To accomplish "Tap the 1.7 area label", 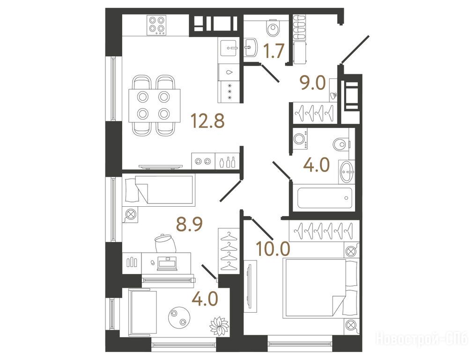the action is click(x=274, y=51).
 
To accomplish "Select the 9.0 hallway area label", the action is click(x=312, y=83).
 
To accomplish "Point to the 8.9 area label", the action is click(x=189, y=225).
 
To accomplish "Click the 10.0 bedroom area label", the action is click(x=273, y=248).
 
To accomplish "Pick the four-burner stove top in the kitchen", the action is click(x=157, y=25).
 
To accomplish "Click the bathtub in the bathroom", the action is click(x=325, y=198).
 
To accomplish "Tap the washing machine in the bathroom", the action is click(x=300, y=139).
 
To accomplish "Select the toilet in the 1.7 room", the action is click(x=274, y=28).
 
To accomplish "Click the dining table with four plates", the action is click(x=154, y=105).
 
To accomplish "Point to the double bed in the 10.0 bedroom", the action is click(x=321, y=288).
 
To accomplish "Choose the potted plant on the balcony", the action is click(x=219, y=326).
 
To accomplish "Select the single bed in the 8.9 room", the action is click(x=159, y=189).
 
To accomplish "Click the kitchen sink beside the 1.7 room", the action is click(x=229, y=48).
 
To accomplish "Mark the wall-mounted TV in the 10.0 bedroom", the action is click(x=249, y=286).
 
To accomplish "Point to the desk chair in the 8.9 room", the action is click(x=165, y=243).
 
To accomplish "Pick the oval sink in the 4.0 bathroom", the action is click(x=347, y=172).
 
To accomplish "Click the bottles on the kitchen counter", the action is click(x=227, y=163).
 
